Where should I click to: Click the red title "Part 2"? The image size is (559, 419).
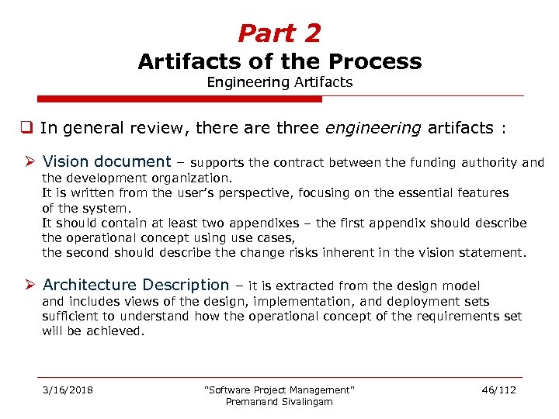click(279, 33)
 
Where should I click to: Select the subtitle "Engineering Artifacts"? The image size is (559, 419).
click(279, 82)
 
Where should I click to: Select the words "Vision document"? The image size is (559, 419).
click(106, 162)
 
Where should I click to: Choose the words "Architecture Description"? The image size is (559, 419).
click(136, 286)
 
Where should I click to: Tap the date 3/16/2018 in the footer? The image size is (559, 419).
click(68, 390)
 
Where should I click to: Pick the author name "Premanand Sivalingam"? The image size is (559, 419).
click(279, 401)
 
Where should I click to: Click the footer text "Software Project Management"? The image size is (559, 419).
click(279, 390)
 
